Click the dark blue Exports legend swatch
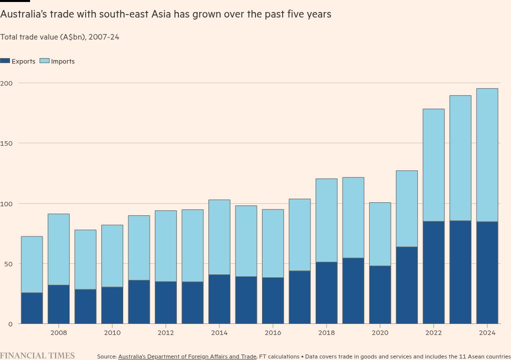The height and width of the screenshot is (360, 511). click(5, 61)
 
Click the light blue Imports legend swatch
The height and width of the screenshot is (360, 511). click(45, 61)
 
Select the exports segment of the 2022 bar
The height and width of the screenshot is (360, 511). click(433, 272)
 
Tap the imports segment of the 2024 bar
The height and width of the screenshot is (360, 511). click(487, 155)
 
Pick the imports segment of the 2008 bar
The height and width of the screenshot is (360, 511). click(59, 249)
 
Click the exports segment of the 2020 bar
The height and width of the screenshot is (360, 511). click(380, 294)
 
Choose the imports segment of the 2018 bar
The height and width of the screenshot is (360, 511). click(326, 220)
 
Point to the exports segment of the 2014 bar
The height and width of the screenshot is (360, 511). click(219, 299)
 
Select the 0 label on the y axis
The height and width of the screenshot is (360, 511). click(10, 324)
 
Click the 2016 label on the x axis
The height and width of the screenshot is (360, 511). click(273, 332)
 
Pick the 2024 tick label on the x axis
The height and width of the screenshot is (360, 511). click(487, 332)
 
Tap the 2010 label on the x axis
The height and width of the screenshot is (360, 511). click(112, 332)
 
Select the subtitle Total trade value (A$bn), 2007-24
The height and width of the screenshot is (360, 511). click(60, 37)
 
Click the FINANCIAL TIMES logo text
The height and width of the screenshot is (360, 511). click(38, 355)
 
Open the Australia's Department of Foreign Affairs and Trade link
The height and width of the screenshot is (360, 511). click(187, 356)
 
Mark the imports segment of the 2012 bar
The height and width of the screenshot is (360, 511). click(165, 246)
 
